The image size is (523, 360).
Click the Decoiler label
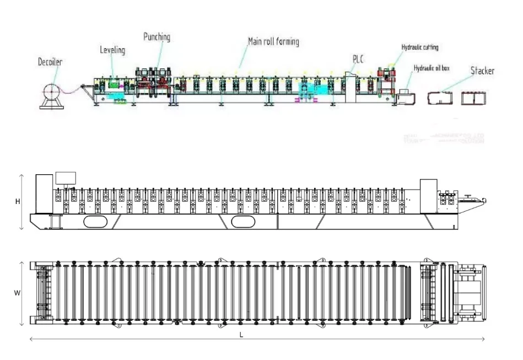click(x=50, y=62)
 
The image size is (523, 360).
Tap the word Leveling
click(x=112, y=50)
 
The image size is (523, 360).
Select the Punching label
click(x=157, y=37)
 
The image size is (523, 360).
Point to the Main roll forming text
click(x=273, y=41)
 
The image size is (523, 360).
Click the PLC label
click(x=358, y=59)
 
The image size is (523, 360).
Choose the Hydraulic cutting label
click(x=420, y=47)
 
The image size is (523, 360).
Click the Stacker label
click(x=482, y=71)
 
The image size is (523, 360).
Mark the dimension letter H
click(x=18, y=202)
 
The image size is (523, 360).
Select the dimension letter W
click(x=17, y=293)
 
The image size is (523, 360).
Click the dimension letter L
click(x=241, y=335)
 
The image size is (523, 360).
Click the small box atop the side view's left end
click(x=66, y=178)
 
